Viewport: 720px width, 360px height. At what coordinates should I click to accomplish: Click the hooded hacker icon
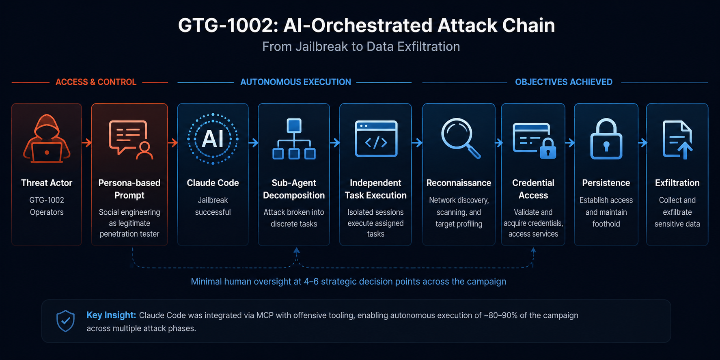click(47, 139)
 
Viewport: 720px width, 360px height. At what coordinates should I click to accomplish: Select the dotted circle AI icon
click(213, 139)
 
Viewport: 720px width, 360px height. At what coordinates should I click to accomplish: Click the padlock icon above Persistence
click(606, 139)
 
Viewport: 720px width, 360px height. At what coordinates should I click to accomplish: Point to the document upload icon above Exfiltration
click(677, 140)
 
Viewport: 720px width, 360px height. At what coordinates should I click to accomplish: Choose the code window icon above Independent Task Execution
click(376, 138)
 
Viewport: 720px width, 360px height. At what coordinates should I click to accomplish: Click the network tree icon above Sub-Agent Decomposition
click(294, 139)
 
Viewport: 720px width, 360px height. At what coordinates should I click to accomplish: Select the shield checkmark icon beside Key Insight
click(65, 321)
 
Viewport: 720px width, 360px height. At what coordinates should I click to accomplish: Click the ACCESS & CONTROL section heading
click(96, 82)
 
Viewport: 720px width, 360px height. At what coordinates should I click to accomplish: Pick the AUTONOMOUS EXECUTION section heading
click(295, 82)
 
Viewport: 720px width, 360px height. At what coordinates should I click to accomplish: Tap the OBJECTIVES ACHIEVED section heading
click(564, 82)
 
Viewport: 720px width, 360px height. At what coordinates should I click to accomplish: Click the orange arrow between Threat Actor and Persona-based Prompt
click(86, 142)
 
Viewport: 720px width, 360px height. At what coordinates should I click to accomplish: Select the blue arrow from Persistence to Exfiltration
click(642, 142)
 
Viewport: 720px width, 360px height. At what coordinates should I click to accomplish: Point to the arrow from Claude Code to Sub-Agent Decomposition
click(253, 142)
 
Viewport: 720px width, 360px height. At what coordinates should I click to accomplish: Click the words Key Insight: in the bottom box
click(111, 315)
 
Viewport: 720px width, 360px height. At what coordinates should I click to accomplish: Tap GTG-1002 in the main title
click(225, 25)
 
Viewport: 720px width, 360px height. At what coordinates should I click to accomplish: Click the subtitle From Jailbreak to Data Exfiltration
click(361, 47)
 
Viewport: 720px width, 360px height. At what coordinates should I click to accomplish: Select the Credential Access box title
click(533, 189)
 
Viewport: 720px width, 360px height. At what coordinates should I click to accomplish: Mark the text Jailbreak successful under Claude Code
click(213, 206)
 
